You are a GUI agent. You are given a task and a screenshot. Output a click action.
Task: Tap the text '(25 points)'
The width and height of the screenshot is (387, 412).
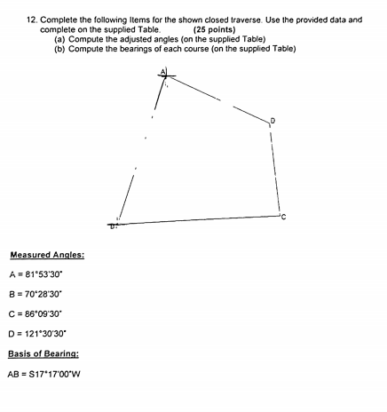[217, 28]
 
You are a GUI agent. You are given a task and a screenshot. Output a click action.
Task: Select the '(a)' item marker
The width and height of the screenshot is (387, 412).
[60, 38]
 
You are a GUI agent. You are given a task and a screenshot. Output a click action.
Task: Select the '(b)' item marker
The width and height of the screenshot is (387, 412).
[60, 48]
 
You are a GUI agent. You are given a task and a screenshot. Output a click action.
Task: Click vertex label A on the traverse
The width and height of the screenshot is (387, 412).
[162, 72]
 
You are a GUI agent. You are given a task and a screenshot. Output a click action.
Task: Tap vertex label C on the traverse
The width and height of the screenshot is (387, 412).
[283, 216]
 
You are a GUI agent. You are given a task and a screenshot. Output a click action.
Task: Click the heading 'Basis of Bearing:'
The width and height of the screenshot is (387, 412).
[44, 353]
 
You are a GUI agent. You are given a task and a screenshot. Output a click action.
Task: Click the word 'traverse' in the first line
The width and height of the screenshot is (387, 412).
[243, 19]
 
